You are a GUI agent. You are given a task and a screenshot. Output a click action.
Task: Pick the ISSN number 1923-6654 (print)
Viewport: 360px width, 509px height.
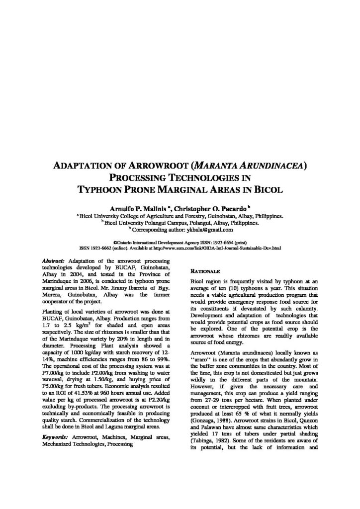click(228, 242)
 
